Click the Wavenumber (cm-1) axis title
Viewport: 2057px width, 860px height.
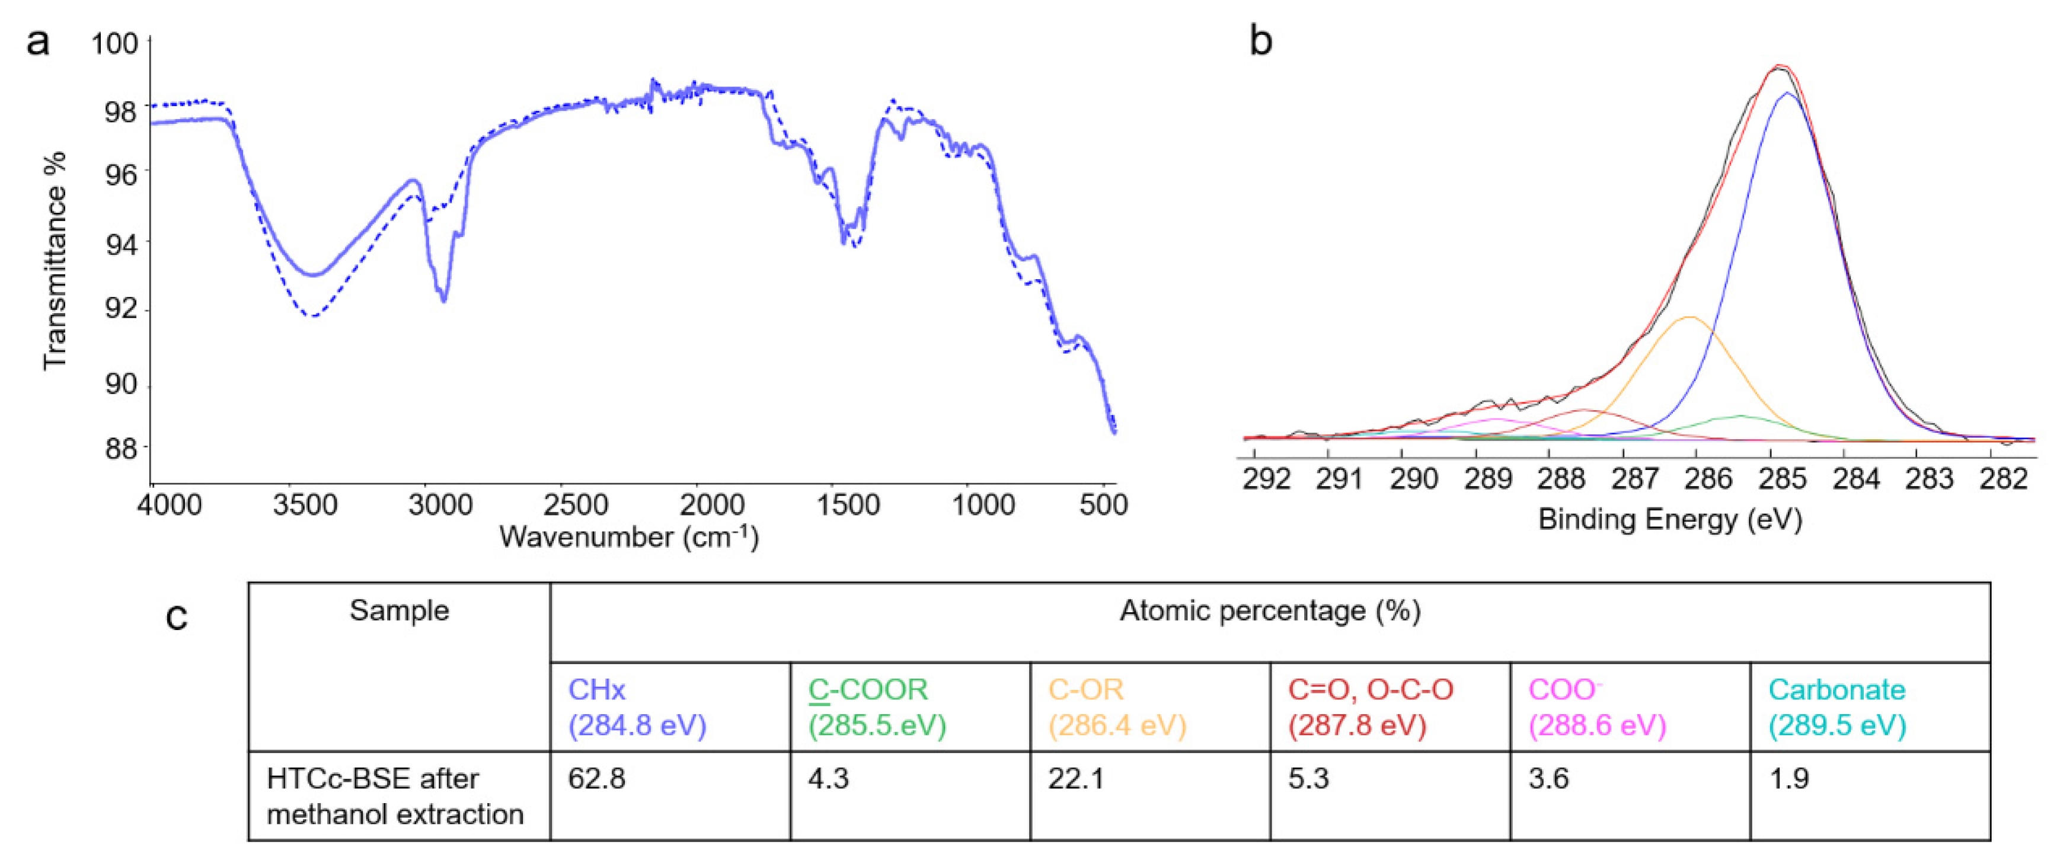click(628, 536)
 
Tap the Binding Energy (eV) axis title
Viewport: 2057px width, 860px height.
click(1670, 519)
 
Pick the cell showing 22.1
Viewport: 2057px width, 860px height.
click(1077, 779)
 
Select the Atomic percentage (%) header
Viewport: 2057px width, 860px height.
click(1270, 611)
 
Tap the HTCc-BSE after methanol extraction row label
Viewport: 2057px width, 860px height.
click(395, 796)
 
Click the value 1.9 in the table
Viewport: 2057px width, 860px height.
click(1788, 779)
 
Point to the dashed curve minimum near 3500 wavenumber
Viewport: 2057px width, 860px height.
click(315, 316)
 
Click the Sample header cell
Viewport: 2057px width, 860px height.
click(400, 611)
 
